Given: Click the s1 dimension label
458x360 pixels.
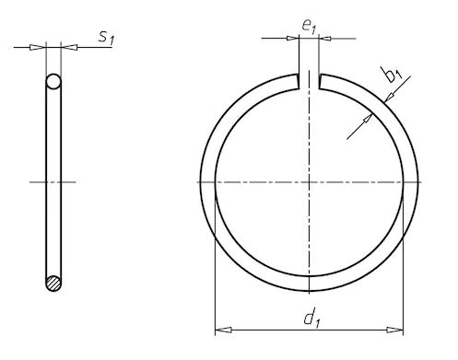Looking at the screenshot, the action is coord(106,39).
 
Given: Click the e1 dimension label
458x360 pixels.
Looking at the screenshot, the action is coord(309,27).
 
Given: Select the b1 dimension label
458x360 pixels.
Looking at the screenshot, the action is coord(393,75).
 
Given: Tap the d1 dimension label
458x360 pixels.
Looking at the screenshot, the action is coord(312,319).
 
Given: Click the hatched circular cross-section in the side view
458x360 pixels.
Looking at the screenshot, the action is coord(53,283).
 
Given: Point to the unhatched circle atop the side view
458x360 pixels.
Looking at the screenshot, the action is coord(53,81).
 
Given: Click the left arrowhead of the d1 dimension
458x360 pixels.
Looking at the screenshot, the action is coord(223,330).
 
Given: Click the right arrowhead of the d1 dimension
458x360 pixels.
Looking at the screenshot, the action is coord(395,330).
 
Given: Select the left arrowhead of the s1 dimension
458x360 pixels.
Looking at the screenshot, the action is coord(37,47).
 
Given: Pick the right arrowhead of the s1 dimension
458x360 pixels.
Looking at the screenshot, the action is coord(69,47).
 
